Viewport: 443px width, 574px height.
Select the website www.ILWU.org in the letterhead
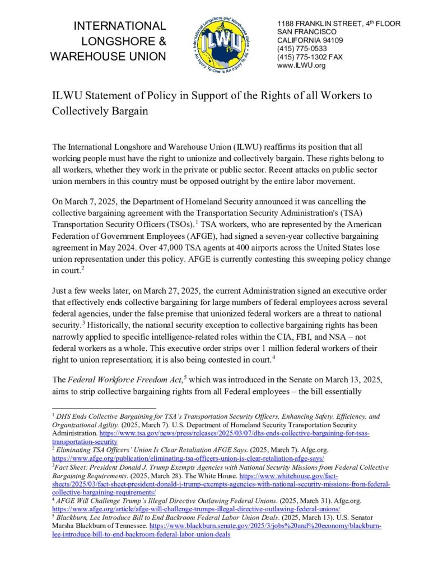coord(301,66)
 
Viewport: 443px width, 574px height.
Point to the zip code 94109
coord(331,40)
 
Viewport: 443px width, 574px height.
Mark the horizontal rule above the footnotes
coord(104,409)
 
